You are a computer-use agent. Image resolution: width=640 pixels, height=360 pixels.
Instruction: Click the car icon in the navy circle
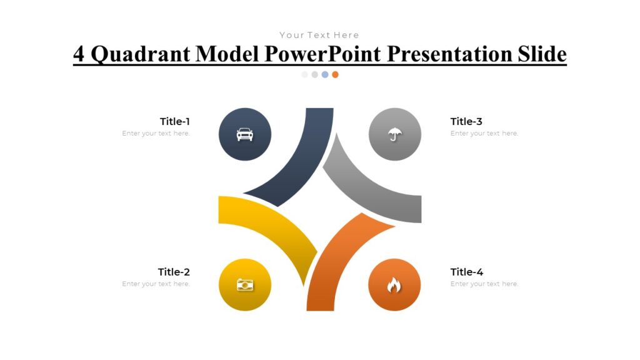point(245,134)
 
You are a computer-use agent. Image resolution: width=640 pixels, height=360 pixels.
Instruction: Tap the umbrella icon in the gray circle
point(394,134)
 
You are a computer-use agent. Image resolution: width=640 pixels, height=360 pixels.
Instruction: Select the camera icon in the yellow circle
point(245,285)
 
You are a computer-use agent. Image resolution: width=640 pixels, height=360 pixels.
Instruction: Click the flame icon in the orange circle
point(394,286)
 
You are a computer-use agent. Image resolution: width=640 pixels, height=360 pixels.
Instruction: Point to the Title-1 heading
point(174,121)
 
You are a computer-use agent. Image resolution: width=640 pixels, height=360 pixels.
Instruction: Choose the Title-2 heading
point(174,272)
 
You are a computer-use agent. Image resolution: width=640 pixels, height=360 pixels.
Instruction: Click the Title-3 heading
point(466,121)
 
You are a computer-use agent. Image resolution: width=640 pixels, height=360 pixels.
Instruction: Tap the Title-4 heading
point(466,272)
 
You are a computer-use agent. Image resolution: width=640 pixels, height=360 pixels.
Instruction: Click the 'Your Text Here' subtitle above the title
point(319,35)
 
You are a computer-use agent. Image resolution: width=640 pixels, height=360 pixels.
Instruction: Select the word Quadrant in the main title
point(142,54)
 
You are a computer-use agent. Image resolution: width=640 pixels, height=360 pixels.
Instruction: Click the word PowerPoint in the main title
point(322,54)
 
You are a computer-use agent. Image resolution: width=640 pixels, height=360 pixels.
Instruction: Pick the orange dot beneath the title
point(335,74)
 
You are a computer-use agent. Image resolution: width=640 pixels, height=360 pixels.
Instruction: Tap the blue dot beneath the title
point(325,74)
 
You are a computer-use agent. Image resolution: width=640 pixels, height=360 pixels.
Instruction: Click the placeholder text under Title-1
point(156,133)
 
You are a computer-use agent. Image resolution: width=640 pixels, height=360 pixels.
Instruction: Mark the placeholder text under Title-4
point(484,284)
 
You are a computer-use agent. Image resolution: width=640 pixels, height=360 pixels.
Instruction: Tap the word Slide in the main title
point(541,54)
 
